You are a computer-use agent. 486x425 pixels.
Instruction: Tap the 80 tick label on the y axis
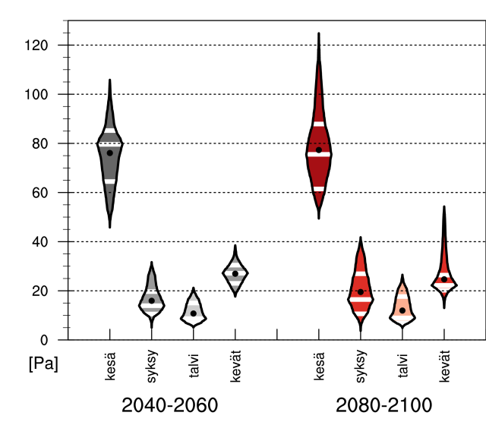click(x=41, y=143)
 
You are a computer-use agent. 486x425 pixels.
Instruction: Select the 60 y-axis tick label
click(x=41, y=193)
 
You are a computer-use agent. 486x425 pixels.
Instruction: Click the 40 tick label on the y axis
click(x=41, y=241)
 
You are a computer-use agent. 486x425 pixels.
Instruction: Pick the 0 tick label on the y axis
click(x=45, y=340)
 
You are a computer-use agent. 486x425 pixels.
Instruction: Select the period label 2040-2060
click(x=170, y=404)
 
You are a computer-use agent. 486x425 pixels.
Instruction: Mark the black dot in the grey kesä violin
click(x=109, y=153)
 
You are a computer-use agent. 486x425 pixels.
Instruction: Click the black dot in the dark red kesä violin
click(x=319, y=150)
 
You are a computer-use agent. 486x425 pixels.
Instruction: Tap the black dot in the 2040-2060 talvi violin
click(x=194, y=313)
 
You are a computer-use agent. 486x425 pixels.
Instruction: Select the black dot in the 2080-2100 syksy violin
click(x=361, y=291)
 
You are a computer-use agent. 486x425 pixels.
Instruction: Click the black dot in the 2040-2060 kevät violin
click(x=235, y=274)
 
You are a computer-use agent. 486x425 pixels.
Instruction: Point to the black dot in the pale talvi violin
click(x=402, y=310)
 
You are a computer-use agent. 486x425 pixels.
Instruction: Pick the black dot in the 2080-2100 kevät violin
click(x=444, y=279)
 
